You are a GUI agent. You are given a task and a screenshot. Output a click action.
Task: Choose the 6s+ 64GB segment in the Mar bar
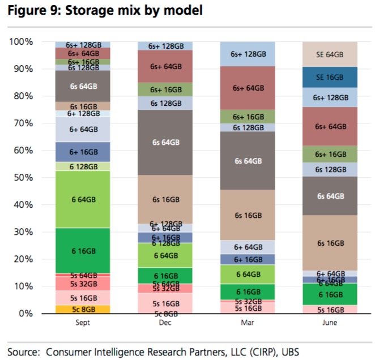pos(247,88)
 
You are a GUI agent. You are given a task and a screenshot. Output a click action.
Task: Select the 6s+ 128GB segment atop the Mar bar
pos(247,54)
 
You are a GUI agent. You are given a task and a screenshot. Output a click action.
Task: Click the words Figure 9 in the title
pos(33,11)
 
